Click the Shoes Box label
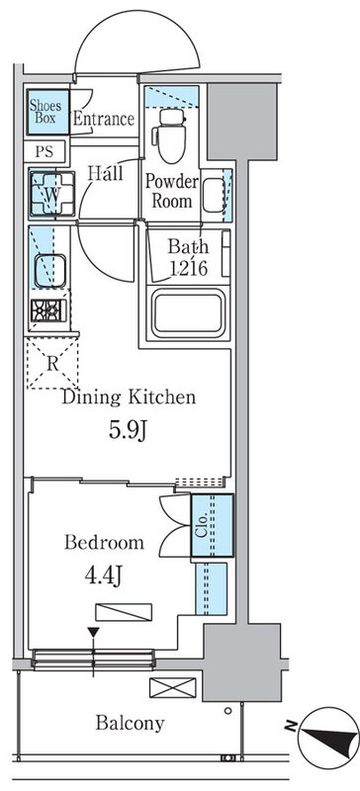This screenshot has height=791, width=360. click(x=45, y=112)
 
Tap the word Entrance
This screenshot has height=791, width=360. click(x=104, y=119)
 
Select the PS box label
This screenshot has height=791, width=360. click(x=44, y=151)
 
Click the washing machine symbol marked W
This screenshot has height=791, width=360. click(x=52, y=194)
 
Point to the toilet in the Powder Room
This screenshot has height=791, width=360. click(x=172, y=134)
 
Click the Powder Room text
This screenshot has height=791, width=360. click(x=172, y=192)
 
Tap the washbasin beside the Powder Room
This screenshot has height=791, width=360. click(x=214, y=195)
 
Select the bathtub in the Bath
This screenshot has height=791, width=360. click(x=188, y=313)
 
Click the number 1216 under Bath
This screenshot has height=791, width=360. click(x=188, y=269)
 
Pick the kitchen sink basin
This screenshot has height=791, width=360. click(x=50, y=271)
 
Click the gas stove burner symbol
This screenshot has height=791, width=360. click(x=48, y=310)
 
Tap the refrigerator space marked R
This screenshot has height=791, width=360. click(x=52, y=364)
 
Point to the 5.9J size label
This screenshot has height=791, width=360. click(x=129, y=430)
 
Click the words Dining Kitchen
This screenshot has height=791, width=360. click(x=129, y=397)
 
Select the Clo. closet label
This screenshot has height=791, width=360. click(x=202, y=525)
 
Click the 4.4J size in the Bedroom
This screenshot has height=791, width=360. click(x=104, y=576)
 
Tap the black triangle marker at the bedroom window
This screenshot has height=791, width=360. click(x=93, y=633)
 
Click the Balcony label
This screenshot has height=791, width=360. click(x=131, y=724)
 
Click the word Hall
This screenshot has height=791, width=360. click(x=106, y=174)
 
